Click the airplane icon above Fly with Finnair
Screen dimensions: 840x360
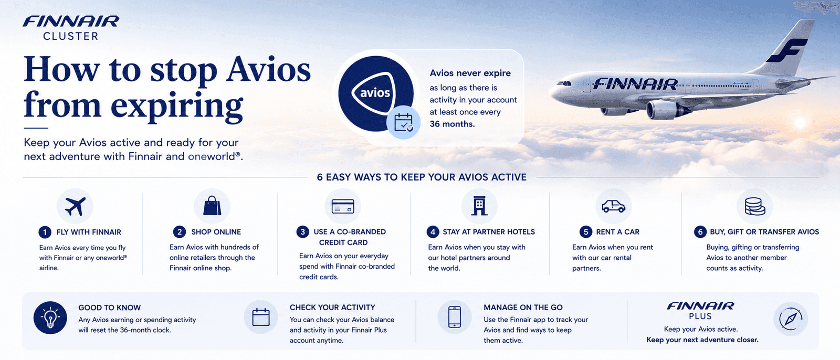click(x=75, y=206)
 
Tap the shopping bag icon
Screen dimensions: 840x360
click(x=212, y=206)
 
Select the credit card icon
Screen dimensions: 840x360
click(x=343, y=206)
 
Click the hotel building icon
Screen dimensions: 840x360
click(x=479, y=206)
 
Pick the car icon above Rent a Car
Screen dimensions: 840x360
click(x=614, y=206)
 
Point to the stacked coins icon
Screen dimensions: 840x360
click(x=754, y=206)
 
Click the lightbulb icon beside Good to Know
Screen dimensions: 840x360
click(x=50, y=318)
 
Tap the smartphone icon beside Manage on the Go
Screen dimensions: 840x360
click(x=455, y=317)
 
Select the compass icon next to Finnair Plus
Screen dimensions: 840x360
click(x=791, y=319)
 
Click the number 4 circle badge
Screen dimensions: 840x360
click(x=433, y=232)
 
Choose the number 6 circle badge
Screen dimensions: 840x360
click(x=700, y=232)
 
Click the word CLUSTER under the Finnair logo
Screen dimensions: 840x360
click(x=70, y=36)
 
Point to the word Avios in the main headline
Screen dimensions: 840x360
click(x=268, y=70)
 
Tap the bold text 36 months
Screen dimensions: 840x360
click(x=452, y=124)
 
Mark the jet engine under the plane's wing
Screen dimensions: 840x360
click(x=667, y=110)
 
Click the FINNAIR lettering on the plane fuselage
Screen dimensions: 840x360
click(x=635, y=83)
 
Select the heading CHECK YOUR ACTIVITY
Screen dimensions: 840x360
click(x=332, y=308)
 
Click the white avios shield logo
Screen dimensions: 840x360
click(x=373, y=92)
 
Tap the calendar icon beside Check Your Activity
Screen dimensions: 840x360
click(x=261, y=317)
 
